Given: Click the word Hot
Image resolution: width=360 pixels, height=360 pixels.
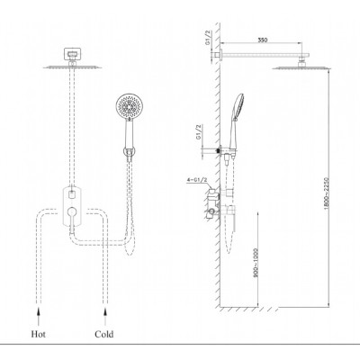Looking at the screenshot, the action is [x=38, y=334].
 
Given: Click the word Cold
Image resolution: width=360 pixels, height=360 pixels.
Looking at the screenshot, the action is [x=104, y=334].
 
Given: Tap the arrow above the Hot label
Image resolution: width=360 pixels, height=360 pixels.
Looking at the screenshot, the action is [x=38, y=315].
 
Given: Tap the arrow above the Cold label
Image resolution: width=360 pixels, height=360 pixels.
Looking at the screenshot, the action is [x=105, y=315].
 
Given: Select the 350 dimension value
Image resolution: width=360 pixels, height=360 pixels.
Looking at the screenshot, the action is [x=262, y=40].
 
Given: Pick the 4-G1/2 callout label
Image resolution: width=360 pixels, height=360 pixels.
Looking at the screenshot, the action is [x=194, y=180].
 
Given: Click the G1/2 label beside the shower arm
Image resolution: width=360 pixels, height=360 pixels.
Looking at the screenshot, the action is [x=208, y=38].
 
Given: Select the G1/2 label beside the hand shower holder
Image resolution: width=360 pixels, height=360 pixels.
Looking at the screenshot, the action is [x=198, y=132].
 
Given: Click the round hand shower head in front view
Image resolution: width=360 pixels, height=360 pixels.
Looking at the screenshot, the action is [x=130, y=106].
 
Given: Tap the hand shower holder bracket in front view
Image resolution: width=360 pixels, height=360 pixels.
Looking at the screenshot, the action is [x=130, y=153].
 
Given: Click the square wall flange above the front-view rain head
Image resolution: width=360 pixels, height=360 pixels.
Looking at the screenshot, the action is [x=72, y=54].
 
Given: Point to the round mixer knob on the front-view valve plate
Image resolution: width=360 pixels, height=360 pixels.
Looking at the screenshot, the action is [x=72, y=211].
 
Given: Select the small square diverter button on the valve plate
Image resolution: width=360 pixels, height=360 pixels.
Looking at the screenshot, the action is [x=72, y=194].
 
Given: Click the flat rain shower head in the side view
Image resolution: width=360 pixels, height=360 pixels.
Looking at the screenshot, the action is [x=301, y=68].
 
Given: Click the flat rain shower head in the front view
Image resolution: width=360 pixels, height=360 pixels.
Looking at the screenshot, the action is [x=72, y=67].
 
